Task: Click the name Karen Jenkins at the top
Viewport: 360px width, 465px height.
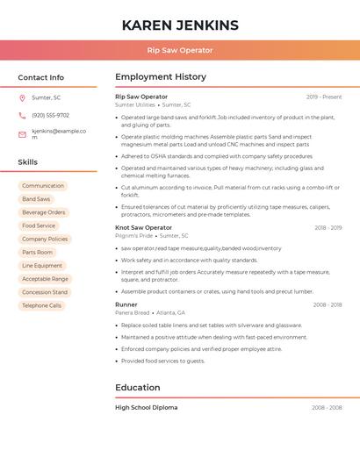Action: (x=180, y=25)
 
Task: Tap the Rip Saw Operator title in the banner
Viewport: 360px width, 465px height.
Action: (x=180, y=50)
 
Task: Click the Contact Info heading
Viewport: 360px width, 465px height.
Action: (x=41, y=77)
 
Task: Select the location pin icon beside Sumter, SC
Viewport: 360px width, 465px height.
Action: (x=22, y=97)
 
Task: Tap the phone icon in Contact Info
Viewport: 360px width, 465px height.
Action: (x=22, y=115)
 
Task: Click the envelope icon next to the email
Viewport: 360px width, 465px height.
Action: (x=22, y=134)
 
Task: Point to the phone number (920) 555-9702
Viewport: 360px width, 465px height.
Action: (x=50, y=115)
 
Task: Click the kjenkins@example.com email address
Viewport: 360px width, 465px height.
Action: (x=59, y=133)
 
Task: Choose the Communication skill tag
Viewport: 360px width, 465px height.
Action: (x=43, y=186)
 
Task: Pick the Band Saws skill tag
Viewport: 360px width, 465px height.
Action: (x=36, y=199)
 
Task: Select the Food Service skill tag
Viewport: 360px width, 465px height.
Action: (x=39, y=225)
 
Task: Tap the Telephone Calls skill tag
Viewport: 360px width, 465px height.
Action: (x=42, y=305)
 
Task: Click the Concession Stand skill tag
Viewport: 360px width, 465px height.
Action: (x=45, y=292)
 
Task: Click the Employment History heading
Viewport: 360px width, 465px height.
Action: (x=161, y=77)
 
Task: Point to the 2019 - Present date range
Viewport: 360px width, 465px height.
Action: (x=324, y=97)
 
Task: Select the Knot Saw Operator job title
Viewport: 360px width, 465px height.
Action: (x=144, y=227)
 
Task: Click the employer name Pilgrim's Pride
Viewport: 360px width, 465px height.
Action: (x=134, y=236)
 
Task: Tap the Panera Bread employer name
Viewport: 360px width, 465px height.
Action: (x=133, y=312)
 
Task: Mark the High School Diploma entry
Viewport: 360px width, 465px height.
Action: (x=146, y=407)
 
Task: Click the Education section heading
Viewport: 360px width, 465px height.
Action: (x=137, y=387)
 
